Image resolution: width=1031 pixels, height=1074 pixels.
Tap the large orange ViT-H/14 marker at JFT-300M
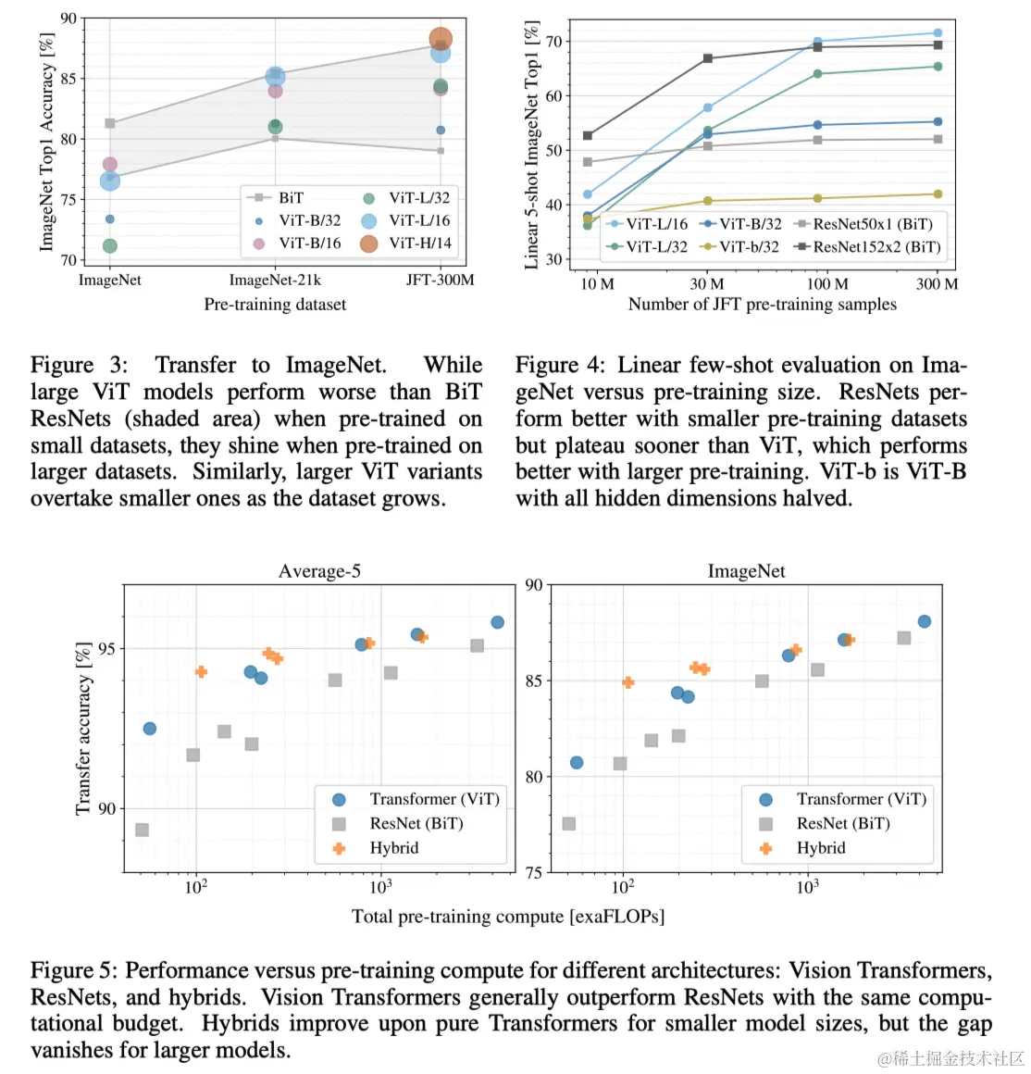441,40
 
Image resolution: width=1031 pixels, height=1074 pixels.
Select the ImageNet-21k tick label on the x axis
275,280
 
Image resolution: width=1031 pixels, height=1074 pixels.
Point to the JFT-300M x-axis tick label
441,280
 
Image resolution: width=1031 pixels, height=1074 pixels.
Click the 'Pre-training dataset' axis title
275,305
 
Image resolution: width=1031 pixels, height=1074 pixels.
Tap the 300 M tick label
937,284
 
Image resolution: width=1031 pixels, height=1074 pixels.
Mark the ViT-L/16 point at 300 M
938,33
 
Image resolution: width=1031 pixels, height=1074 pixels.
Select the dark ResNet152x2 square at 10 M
588,136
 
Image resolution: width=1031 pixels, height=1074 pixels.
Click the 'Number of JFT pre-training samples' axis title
762,305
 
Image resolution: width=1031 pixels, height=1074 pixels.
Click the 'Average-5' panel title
319,571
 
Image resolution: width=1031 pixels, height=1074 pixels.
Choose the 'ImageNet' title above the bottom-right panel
746,571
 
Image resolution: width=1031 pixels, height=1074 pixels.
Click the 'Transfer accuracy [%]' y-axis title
84,728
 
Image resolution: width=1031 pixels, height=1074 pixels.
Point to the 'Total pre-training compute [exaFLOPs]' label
507,917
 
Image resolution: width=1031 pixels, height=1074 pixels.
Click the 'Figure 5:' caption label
74,970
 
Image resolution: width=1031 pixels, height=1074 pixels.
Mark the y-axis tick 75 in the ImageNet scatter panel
534,872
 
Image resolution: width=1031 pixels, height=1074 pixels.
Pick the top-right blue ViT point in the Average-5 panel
497,622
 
